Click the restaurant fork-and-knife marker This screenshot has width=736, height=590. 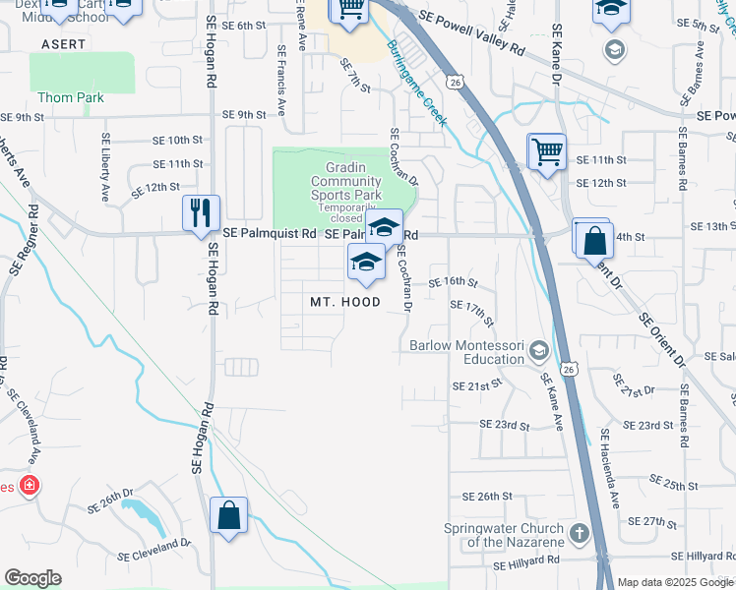coord(201,212)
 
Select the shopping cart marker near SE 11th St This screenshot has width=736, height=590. coord(546,152)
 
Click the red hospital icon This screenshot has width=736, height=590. coord(30,486)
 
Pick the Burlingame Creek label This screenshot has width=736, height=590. coord(416,84)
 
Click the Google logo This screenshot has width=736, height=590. coord(32,578)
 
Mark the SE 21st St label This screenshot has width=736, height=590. coord(470,386)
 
